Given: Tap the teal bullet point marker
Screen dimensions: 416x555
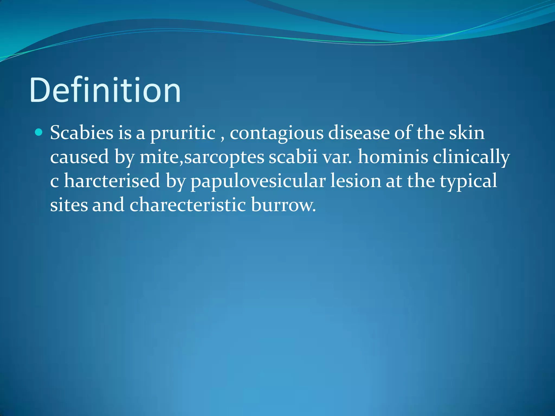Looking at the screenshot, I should coord(39,132).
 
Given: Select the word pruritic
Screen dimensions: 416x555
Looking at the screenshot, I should coord(183,133).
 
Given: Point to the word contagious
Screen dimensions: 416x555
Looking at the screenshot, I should coord(276,133).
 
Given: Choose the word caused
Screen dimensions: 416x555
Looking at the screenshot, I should coord(79,157).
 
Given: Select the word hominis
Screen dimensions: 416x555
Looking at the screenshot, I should coord(393,157).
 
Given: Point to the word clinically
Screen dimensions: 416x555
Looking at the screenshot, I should coord(471,157).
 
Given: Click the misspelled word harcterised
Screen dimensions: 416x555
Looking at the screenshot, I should coord(112,181).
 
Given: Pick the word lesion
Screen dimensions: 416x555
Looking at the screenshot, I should coord(356,181).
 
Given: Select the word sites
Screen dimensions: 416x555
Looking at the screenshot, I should coord(69,204).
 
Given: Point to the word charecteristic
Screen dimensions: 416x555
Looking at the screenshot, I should coord(188,204).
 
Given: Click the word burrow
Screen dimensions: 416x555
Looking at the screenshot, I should coord(283,205).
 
